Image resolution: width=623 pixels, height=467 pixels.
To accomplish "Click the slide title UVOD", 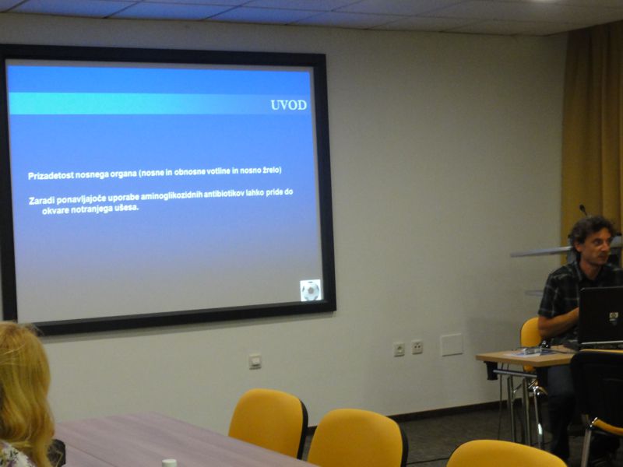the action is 288,105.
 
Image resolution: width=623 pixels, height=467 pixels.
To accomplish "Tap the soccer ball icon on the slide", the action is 310,290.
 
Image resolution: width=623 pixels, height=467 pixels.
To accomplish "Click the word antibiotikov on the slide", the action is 224,194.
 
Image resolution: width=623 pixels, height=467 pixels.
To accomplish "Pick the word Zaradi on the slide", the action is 42,200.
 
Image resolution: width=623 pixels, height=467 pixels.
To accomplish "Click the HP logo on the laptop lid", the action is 613,316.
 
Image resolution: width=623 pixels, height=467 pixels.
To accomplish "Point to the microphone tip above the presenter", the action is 582,207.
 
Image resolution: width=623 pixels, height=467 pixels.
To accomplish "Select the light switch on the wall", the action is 255,361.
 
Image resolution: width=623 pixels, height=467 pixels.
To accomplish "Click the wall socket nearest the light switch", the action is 399,349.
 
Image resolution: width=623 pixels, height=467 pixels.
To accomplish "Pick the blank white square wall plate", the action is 452,345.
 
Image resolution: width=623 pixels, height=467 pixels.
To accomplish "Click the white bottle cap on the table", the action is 169,463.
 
